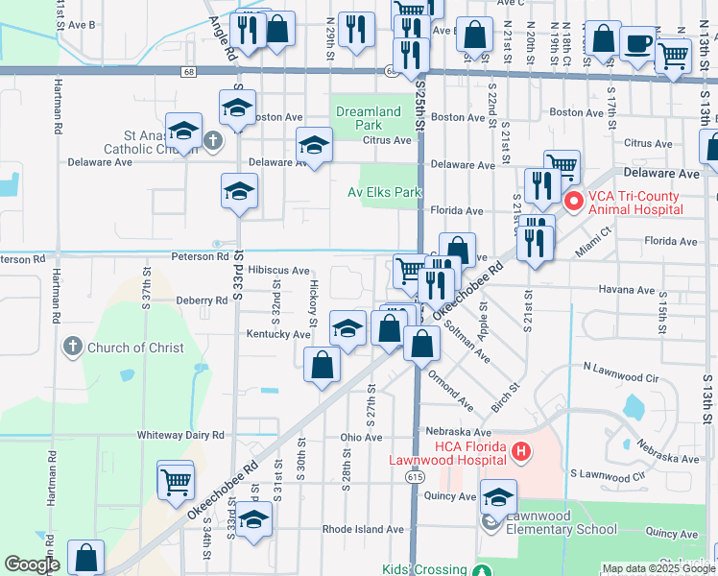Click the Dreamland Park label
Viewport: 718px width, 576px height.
click(x=369, y=118)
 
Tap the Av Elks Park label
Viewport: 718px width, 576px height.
click(x=384, y=192)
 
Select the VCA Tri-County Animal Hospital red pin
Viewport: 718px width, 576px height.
click(x=574, y=202)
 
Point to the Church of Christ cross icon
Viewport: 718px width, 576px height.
click(x=72, y=347)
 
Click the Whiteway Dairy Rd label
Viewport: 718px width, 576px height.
click(x=179, y=435)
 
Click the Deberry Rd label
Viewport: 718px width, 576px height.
click(x=201, y=300)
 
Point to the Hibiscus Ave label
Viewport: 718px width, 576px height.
click(x=278, y=272)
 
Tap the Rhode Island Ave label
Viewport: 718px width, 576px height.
click(x=363, y=529)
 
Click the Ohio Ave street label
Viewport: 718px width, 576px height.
click(x=361, y=438)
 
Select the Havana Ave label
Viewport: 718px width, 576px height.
click(x=626, y=290)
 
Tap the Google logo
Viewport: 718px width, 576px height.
click(x=32, y=564)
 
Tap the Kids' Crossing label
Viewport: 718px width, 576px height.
click(x=423, y=569)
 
